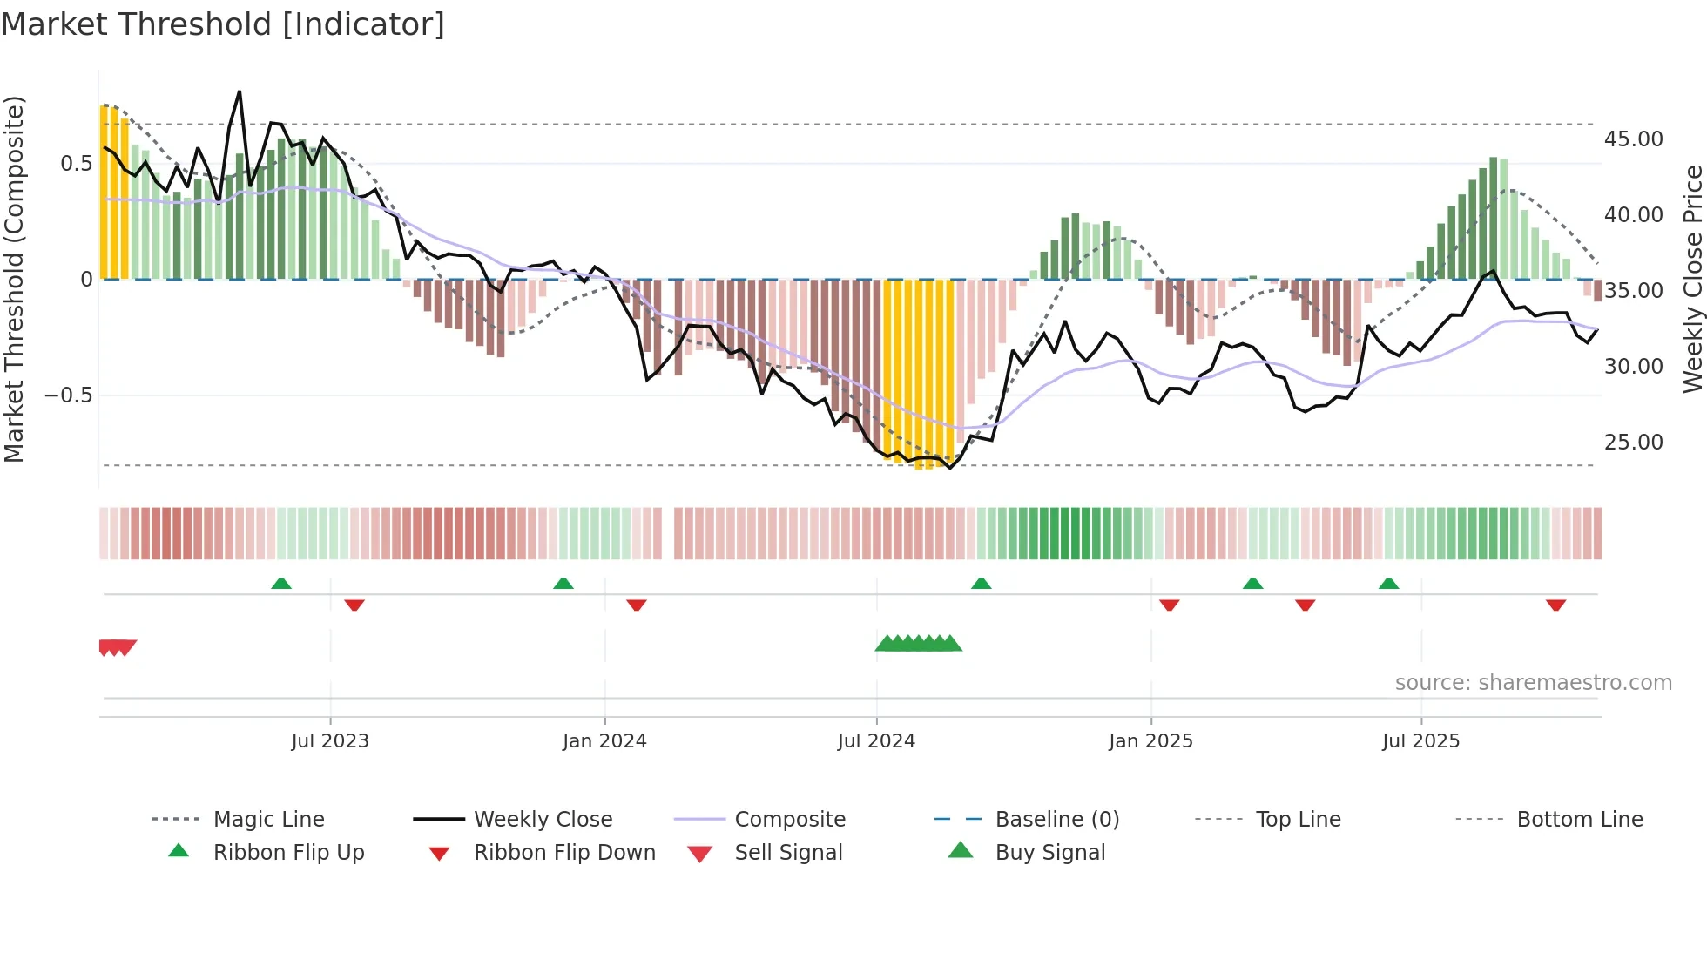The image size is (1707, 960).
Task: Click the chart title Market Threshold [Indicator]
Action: [x=223, y=24]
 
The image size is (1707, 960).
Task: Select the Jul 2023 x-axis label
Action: [x=330, y=741]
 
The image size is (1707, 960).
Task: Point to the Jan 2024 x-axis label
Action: [x=604, y=741]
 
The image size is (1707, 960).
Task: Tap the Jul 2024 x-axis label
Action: [x=876, y=741]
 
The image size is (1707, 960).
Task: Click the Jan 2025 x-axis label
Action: [x=1150, y=741]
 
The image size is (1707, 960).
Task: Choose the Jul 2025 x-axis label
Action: [x=1420, y=741]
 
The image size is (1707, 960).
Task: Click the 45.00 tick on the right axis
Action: [x=1633, y=139]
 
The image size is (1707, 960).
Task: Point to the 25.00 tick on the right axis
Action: [x=1633, y=443]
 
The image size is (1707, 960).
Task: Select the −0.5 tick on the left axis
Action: [x=68, y=395]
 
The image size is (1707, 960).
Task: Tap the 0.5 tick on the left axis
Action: [x=76, y=164]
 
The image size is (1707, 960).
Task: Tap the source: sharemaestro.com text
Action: [x=1533, y=683]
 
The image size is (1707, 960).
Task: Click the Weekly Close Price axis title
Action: [x=1692, y=279]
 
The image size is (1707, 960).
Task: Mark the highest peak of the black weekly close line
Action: [x=240, y=91]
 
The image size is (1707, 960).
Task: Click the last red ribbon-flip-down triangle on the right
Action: [x=1555, y=605]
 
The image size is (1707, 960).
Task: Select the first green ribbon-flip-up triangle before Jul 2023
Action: [x=281, y=584]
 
